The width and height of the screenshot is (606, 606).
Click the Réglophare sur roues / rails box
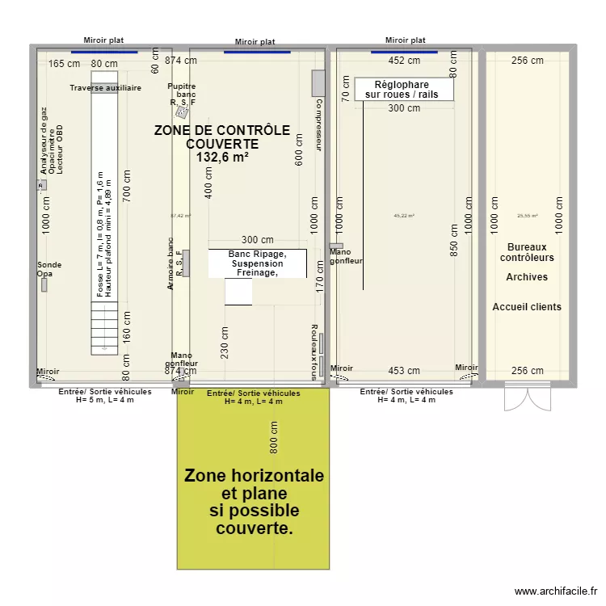coord(403,89)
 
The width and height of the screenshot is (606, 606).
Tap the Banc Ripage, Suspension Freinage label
coord(257,263)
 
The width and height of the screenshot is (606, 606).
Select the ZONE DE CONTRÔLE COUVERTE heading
coord(221,137)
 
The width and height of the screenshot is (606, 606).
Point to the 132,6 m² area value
coord(221,158)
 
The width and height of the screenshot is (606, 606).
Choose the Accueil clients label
coord(527,307)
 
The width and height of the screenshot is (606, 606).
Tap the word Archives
coord(527,277)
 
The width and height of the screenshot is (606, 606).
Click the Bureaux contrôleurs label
coord(527,252)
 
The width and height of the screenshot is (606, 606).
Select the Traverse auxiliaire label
coord(105,87)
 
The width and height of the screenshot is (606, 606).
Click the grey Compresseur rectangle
coord(318,82)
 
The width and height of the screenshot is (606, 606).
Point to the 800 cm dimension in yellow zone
coord(274,437)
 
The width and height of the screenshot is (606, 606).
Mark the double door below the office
coord(527,397)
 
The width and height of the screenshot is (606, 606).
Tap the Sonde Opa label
coord(48,270)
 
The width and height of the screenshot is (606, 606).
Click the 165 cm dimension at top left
coord(64,63)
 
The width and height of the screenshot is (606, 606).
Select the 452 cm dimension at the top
coord(404,60)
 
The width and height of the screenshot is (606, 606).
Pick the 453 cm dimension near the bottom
coord(403,371)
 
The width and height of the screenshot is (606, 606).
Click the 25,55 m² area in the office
coord(527,216)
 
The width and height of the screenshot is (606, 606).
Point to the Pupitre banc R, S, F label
coord(182,95)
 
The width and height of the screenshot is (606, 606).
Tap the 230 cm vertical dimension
coord(225,342)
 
